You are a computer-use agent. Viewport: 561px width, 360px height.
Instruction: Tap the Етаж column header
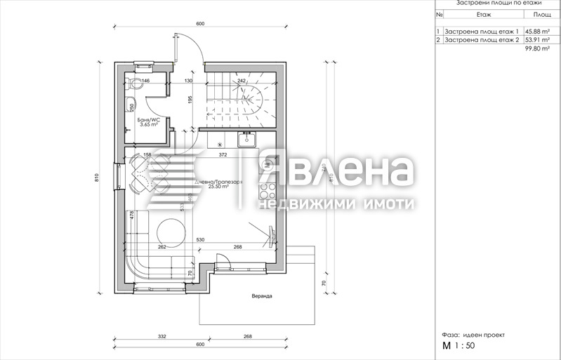click(x=483, y=13)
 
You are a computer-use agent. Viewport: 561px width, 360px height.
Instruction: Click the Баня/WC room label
click(x=148, y=120)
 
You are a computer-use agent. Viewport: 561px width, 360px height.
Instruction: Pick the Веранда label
click(x=262, y=296)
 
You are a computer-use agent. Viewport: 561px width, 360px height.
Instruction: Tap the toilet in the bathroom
click(x=136, y=85)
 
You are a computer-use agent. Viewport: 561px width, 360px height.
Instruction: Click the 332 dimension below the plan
click(x=162, y=338)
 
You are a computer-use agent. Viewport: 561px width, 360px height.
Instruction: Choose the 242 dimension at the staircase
click(x=242, y=81)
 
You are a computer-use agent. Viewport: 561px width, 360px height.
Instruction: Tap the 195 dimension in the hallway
click(x=190, y=100)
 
